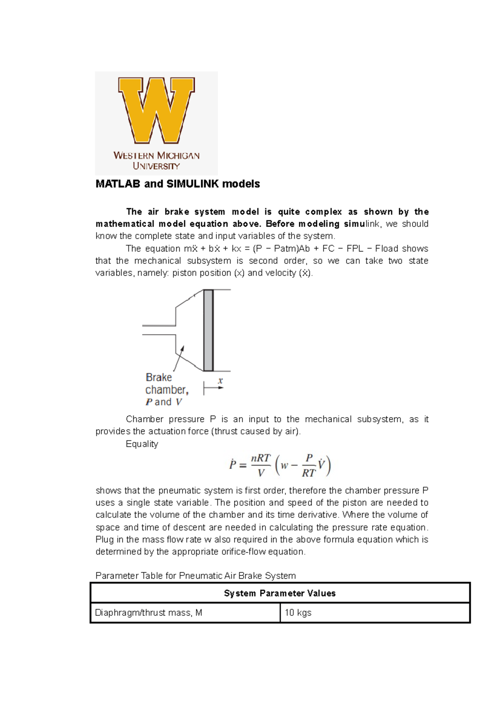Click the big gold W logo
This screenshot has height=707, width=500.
pos(156,110)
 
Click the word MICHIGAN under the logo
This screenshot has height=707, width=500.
pos(178,156)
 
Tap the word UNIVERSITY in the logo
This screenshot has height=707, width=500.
pos(156,166)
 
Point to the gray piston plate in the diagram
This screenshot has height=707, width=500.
pos(208,330)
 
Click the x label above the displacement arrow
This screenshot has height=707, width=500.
pos(220,381)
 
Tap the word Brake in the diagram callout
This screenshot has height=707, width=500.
pos(159,378)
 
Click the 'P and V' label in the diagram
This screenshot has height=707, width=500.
pos(164,402)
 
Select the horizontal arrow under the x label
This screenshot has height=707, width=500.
pos(214,388)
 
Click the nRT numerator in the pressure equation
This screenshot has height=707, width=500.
pos(260,458)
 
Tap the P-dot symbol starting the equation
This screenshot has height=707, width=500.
pos(232,464)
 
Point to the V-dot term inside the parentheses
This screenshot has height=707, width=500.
pos(321,464)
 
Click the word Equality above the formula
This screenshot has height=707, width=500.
pos(142,444)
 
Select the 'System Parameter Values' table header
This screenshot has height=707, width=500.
pos(280,593)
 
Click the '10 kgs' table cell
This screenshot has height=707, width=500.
pos(298,613)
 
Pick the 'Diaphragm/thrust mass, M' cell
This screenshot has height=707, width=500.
pos(149,613)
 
